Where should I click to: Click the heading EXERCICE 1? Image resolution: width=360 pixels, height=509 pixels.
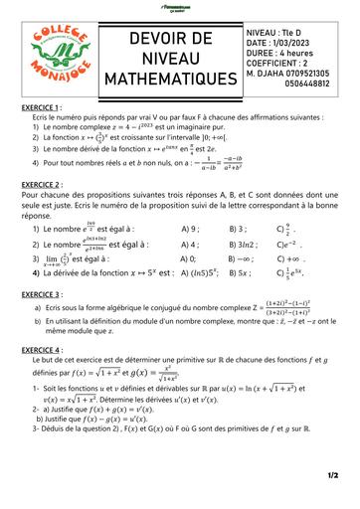pyautogui.click(x=44, y=106)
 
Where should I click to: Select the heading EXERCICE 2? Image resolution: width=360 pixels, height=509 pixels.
pyautogui.click(x=44, y=184)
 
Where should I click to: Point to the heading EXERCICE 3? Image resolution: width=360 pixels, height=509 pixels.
pyautogui.click(x=44, y=294)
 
